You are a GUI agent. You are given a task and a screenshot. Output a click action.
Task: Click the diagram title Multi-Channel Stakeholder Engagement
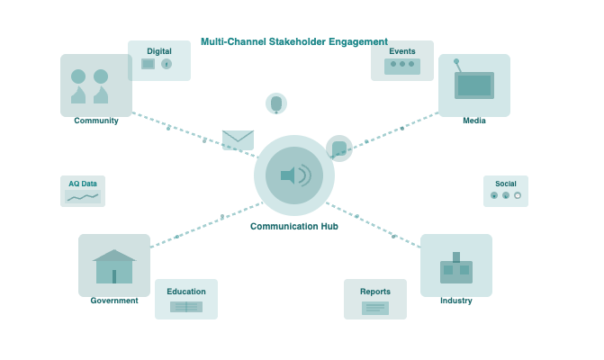click(x=293, y=41)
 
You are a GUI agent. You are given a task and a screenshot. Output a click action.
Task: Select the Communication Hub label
click(x=293, y=227)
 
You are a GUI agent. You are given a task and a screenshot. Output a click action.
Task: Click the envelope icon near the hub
click(x=238, y=139)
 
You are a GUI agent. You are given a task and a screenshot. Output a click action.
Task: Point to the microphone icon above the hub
click(x=276, y=103)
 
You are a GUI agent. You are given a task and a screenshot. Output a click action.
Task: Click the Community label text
click(x=96, y=121)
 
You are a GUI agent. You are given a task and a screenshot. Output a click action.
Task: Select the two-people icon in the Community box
click(x=90, y=85)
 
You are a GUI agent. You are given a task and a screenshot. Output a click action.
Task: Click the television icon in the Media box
click(x=473, y=84)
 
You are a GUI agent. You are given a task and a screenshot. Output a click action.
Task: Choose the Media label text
click(x=474, y=121)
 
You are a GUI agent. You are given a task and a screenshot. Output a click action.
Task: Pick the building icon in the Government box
click(x=114, y=266)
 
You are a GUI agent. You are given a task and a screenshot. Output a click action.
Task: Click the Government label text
click(x=114, y=301)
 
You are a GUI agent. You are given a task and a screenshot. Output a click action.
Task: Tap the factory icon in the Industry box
click(x=456, y=268)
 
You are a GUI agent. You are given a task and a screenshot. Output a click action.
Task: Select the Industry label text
click(x=456, y=301)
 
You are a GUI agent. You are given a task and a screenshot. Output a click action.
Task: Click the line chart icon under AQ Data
click(x=83, y=196)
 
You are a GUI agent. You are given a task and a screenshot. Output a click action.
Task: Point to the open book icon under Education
click(x=186, y=307)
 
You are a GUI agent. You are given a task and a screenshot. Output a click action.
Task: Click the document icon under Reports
click(x=375, y=308)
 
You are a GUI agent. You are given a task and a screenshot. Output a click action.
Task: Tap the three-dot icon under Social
click(x=506, y=195)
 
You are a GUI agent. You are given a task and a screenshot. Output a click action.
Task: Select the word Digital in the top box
click(x=159, y=51)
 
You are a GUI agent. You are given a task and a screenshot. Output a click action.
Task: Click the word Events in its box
click(x=402, y=51)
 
